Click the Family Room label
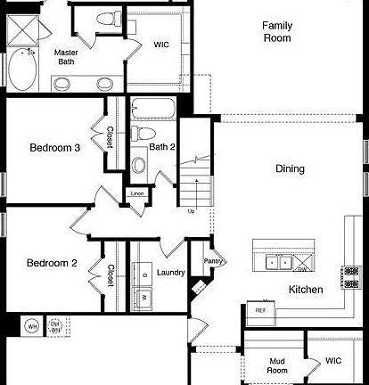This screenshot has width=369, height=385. click(x=276, y=32)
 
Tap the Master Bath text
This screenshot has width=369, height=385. click(x=66, y=58)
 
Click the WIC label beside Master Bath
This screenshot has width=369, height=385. click(x=161, y=44)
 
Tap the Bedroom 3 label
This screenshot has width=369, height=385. click(x=55, y=148)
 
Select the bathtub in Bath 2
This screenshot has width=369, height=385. click(x=153, y=111)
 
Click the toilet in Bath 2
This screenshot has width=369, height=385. click(x=139, y=134)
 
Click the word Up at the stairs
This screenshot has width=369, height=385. click(x=190, y=211)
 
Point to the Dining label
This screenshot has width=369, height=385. click(x=290, y=168)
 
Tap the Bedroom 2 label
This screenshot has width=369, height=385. click(x=52, y=263)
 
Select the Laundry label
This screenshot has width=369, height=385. click(x=170, y=272)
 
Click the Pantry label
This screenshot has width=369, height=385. click(x=214, y=261)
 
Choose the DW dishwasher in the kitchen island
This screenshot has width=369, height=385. click(x=301, y=268)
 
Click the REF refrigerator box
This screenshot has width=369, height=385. click(x=260, y=311)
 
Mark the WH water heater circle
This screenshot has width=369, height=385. click(x=31, y=326)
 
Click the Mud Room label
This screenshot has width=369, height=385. click(x=277, y=365)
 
